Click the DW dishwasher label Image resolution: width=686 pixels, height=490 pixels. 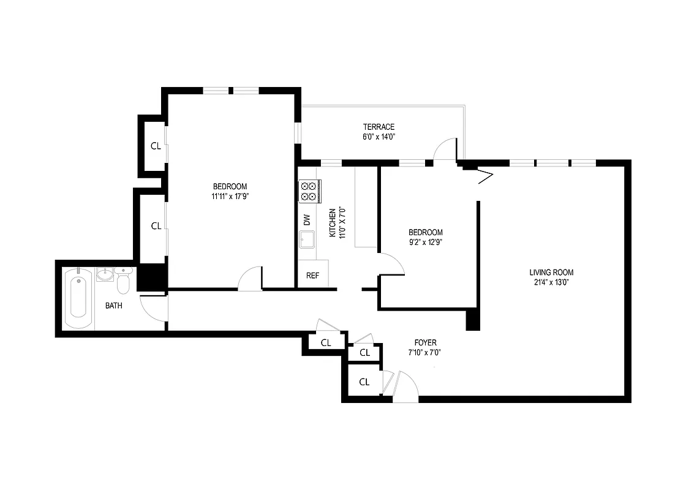[307, 219]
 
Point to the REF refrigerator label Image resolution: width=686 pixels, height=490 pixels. [312, 276]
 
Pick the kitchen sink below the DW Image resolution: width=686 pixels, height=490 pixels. [307, 239]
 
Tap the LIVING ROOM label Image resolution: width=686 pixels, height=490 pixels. [551, 273]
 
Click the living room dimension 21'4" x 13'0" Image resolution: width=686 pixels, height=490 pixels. [551, 282]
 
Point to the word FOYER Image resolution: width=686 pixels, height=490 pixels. [425, 343]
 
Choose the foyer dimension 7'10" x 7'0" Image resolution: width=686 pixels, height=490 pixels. [425, 353]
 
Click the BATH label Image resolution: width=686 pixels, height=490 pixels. [113, 306]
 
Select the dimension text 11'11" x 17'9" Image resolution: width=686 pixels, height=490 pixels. [230, 197]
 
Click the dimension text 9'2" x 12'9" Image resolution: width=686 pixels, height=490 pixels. [425, 242]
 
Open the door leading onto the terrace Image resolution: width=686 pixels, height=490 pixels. [444, 150]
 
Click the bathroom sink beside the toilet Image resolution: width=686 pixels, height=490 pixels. [105, 274]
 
